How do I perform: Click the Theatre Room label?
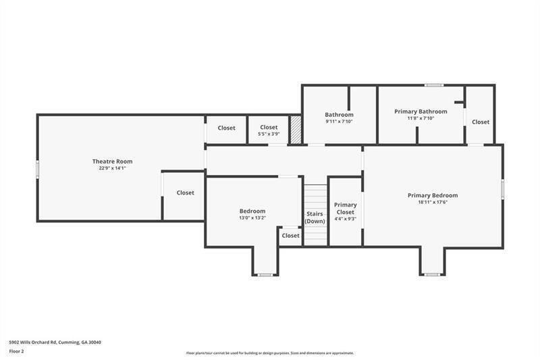112,161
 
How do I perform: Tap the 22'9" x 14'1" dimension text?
112,168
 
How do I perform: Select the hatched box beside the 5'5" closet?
295,130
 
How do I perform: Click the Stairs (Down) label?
315,217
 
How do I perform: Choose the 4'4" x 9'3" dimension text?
346,219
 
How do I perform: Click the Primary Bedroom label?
433,195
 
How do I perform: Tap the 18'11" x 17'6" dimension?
433,202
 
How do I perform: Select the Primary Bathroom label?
421,111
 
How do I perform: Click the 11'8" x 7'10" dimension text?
421,118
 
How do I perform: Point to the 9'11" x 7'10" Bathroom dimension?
339,122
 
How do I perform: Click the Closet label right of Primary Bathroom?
481,122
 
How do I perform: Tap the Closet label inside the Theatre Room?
185,193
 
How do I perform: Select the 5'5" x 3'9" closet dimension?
269,134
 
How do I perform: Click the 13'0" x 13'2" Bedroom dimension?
252,217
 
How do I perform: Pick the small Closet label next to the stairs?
290,236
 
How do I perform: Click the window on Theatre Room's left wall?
38,169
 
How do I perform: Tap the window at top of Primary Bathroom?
433,85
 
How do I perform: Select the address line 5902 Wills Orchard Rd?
55,342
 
